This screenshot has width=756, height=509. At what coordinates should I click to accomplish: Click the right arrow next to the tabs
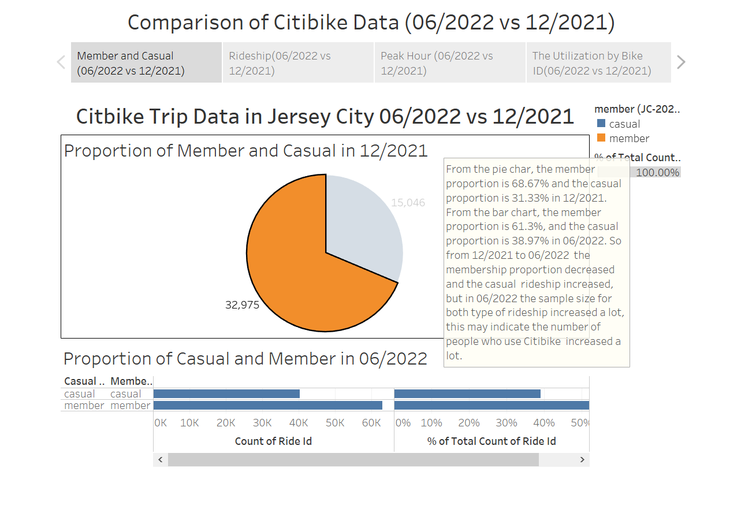coord(681,62)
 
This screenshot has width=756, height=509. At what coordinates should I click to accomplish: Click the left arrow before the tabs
coord(61,62)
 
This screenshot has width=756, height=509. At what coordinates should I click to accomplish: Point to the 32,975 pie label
coord(242,305)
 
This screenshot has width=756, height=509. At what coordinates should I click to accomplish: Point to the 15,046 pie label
coord(408,203)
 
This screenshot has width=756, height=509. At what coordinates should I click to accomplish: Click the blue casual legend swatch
coord(601,124)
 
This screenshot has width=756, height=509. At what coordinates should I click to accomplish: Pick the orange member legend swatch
coord(601,139)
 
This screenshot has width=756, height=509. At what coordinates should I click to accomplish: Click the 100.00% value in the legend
coord(657,173)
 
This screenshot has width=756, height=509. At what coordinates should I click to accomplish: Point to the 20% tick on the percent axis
coord(468,423)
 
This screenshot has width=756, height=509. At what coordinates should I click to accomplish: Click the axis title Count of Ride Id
coord(273,441)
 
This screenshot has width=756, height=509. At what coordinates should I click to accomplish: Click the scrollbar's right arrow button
coord(582,460)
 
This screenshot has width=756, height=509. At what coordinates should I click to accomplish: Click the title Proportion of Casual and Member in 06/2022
coord(245,359)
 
